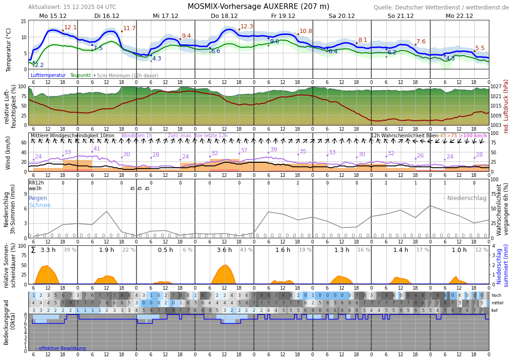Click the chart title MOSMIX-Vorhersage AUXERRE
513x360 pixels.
258,7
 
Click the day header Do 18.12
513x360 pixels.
224,16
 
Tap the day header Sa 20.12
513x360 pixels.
341,16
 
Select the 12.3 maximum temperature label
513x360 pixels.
247,26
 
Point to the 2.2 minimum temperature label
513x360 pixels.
39,65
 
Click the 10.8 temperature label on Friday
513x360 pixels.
306,31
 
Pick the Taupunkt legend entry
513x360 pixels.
80,75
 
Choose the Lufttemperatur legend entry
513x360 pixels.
48,75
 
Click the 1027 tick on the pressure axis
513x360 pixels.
496,87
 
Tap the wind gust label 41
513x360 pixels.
97,149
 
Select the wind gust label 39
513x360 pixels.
273,150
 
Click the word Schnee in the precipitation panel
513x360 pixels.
40,205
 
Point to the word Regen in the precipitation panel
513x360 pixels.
38,198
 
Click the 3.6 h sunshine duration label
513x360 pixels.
224,250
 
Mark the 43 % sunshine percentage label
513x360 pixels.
246,250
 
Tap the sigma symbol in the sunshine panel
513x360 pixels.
33,250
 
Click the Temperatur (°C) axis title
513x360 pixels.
8,50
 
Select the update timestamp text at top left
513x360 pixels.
72,7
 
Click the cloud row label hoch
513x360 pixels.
496,295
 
